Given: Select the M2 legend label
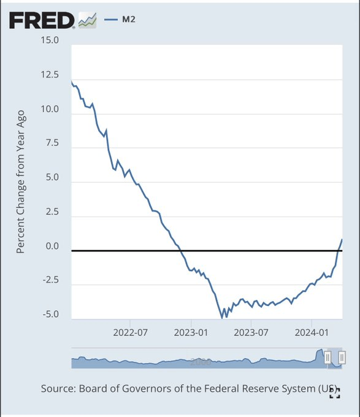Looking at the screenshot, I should point(127,20).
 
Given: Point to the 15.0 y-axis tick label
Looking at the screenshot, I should point(49,40).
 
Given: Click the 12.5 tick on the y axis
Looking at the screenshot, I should point(49,75).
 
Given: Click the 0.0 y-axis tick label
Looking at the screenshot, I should point(51,247).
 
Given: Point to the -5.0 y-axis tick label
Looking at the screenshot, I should point(49,315).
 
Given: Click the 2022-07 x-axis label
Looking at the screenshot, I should point(131,333).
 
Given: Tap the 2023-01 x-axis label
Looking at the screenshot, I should point(191,333).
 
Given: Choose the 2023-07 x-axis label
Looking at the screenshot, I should point(251,333).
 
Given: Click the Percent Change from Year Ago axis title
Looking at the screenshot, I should point(20,182).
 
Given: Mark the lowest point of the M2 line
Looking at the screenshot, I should point(222,318).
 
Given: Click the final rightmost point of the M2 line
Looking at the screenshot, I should point(342,239).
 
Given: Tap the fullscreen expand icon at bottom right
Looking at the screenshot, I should point(334,393).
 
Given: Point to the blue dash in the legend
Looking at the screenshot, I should point(110,20).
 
